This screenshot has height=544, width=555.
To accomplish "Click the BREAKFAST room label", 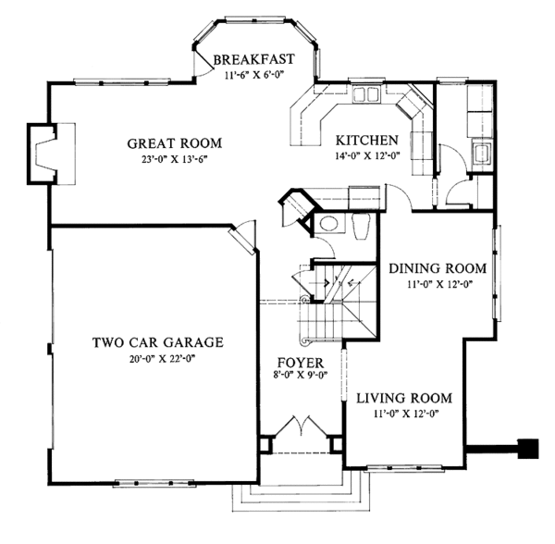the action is (253, 59).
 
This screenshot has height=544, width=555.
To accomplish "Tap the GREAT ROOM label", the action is (175, 143).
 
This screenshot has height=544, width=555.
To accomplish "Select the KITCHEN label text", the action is (366, 141).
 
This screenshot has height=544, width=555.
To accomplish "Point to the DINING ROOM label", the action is (438, 268).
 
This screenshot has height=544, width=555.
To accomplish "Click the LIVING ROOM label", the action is (404, 398).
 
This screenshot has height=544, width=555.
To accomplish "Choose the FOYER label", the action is (300, 363).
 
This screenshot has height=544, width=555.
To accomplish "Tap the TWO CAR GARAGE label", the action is (158, 342).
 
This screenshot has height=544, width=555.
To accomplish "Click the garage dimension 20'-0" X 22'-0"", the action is (163, 359).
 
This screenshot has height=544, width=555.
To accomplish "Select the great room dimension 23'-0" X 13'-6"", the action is (174, 159).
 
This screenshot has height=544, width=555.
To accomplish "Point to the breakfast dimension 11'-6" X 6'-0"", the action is (254, 75).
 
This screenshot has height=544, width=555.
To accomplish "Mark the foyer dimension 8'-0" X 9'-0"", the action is (300, 375).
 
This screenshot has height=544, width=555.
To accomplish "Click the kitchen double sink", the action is (365, 94).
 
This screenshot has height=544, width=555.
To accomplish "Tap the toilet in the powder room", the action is (361, 227).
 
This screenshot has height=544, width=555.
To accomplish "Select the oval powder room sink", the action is (329, 223).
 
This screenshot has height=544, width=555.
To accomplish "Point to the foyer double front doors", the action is (302, 426).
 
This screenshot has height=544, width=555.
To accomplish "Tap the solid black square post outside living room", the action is (528, 449).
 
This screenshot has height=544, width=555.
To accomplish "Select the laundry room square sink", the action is (481, 154).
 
